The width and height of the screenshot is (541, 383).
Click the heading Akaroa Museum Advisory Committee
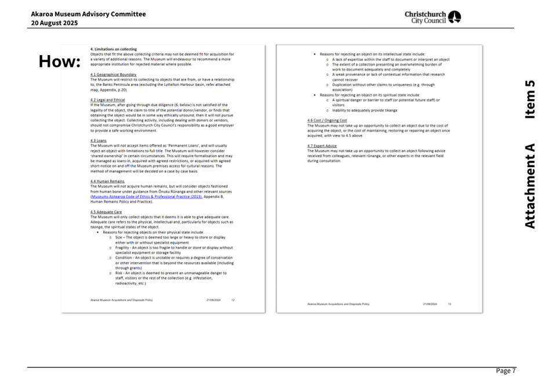[88, 14]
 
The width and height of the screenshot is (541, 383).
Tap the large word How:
[59, 62]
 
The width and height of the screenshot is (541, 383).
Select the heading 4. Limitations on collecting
[114, 49]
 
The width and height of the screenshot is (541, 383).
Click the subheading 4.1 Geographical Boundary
[114, 74]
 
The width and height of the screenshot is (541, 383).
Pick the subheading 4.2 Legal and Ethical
[108, 100]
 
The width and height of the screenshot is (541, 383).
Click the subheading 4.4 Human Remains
[107, 181]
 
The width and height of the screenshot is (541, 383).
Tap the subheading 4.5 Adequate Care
[106, 212]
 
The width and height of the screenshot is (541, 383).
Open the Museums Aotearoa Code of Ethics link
[147, 197]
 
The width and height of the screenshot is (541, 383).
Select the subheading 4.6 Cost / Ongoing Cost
[327, 120]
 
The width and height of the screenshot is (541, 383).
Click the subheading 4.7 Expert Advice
[322, 146]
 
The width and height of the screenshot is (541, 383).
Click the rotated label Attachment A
[529, 186]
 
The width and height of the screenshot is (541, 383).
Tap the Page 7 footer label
[505, 371]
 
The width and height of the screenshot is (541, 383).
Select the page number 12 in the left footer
[233, 300]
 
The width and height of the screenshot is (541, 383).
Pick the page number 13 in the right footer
[449, 303]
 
